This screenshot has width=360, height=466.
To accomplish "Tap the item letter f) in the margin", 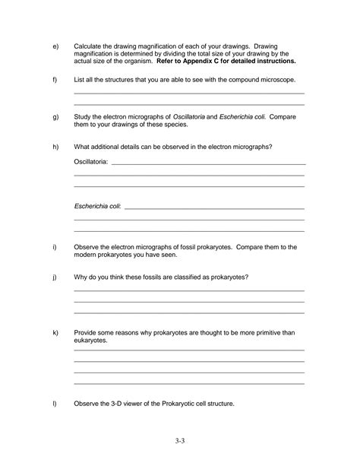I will click(x=55, y=79).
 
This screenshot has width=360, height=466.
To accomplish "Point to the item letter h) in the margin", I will click(x=55, y=146).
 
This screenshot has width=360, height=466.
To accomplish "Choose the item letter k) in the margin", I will click(x=55, y=333).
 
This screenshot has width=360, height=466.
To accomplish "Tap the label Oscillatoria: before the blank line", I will click(x=91, y=162).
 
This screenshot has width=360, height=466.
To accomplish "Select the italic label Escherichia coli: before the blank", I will click(x=97, y=206).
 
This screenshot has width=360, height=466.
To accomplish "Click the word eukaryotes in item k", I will click(x=90, y=341).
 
